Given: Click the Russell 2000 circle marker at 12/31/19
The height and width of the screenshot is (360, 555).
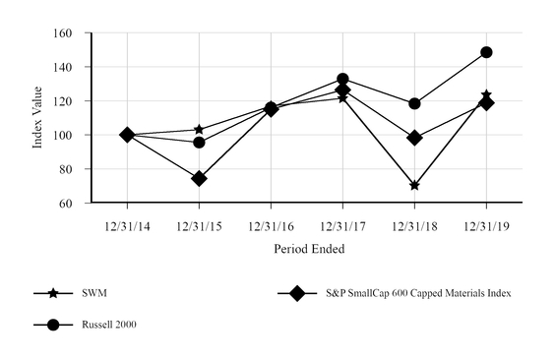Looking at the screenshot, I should click(486, 52).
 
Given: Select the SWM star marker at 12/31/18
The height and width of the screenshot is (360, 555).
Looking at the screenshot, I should click(414, 185).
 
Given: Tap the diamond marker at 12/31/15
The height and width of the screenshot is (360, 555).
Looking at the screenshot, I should click(199, 178).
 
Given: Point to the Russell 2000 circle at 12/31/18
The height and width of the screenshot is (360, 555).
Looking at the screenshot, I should click(414, 103).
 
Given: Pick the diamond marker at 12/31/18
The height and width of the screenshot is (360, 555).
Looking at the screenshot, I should click(414, 138).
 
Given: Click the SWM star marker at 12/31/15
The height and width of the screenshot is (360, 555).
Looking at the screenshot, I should click(199, 129).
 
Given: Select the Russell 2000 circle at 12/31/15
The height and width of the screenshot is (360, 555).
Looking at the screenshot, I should click(199, 143).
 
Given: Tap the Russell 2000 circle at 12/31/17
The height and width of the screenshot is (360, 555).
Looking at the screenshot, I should click(342, 79).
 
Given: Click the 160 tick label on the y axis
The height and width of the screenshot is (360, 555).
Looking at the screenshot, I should click(69, 33).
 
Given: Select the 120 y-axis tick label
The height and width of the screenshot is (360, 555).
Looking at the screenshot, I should click(69, 101).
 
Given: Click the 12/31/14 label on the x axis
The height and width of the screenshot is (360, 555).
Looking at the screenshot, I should click(127, 226).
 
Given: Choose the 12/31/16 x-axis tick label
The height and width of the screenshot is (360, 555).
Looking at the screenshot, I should click(271, 226).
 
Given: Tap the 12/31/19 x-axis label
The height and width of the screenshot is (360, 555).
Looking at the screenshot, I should click(486, 226).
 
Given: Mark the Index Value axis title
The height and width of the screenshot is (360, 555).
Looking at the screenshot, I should click(38, 118).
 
